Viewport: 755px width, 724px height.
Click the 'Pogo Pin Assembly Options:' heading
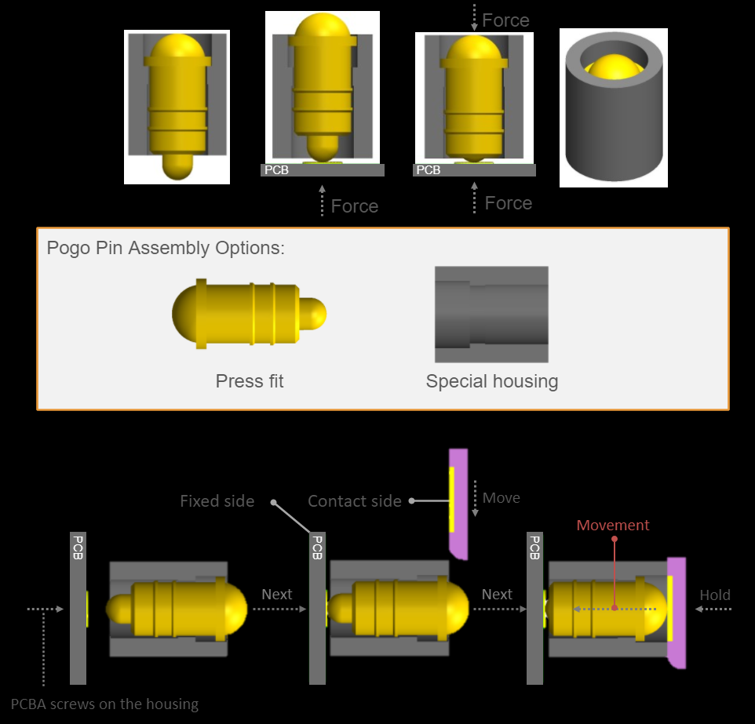[x=166, y=248]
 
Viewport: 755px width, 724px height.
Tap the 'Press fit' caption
[x=250, y=381]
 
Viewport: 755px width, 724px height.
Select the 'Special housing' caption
[x=492, y=381]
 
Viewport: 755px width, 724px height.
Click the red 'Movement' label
[x=613, y=526]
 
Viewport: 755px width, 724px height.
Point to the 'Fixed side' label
[x=217, y=501]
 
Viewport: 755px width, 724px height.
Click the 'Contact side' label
[x=355, y=501]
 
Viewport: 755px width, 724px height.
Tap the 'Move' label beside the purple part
[x=502, y=498]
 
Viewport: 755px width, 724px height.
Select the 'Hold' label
[x=715, y=595]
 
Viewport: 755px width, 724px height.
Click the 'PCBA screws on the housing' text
[x=105, y=704]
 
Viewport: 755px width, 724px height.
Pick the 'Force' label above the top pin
[x=505, y=20]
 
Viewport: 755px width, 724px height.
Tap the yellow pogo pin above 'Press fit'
[x=248, y=315]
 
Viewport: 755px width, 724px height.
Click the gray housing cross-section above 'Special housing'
[x=491, y=315]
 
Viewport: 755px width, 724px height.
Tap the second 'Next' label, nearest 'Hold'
[x=497, y=595]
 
